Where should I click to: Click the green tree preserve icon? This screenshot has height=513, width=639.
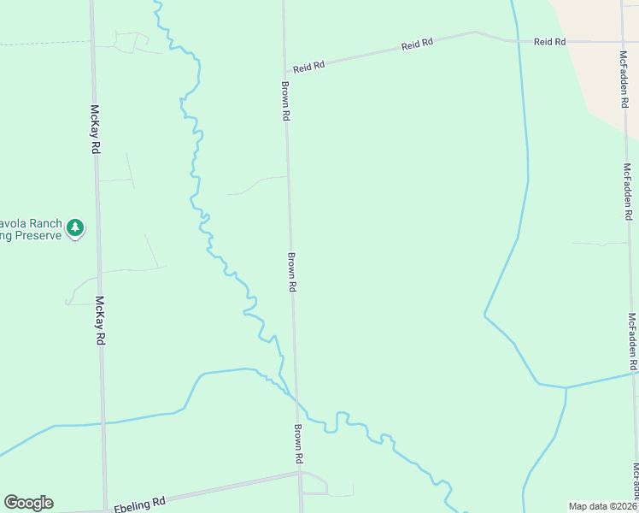click(x=76, y=227)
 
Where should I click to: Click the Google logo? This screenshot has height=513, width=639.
click(x=28, y=503)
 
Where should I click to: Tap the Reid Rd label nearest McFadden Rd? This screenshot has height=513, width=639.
click(x=550, y=41)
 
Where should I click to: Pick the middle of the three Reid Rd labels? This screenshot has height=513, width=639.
click(x=418, y=44)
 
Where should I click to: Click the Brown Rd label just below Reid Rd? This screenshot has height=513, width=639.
click(x=285, y=101)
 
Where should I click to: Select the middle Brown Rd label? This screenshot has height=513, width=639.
click(x=291, y=273)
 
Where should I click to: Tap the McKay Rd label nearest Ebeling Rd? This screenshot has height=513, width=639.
click(x=101, y=321)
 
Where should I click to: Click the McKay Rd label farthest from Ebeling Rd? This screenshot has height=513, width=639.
click(x=95, y=129)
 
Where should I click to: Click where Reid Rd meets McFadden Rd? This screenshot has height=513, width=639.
click(x=623, y=41)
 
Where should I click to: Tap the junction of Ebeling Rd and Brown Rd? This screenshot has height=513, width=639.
click(x=301, y=472)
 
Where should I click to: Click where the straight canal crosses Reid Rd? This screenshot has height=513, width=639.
click(x=515, y=40)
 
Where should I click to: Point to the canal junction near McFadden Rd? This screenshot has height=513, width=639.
click(x=566, y=387)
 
